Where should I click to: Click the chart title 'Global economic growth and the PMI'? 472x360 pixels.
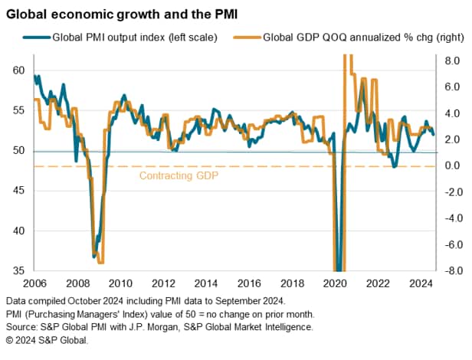point(122,12)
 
